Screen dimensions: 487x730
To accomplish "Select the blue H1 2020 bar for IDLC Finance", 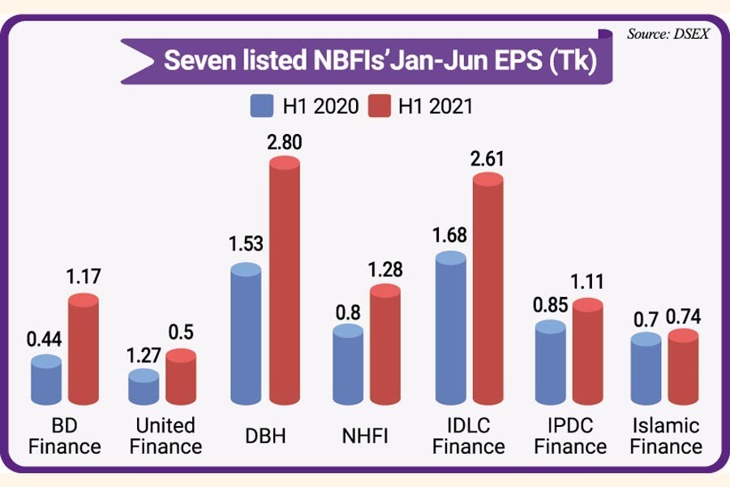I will pyautogui.click(x=451, y=329).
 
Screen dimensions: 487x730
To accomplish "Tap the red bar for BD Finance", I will pyautogui.click(x=84, y=349).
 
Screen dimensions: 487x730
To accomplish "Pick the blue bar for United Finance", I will pyautogui.click(x=144, y=388).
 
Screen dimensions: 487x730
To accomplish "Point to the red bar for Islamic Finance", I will pyautogui.click(x=683, y=369).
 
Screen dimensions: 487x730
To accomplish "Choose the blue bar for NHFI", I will pyautogui.click(x=349, y=365).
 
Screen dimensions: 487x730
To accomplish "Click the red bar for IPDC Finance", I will pyautogui.click(x=588, y=353).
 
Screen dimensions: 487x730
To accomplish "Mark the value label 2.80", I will pyautogui.click(x=285, y=144).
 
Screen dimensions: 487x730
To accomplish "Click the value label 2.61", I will pyautogui.click(x=487, y=158).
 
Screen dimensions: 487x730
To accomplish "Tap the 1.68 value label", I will pyautogui.click(x=451, y=237).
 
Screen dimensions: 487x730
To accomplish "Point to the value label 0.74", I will pyautogui.click(x=684, y=317).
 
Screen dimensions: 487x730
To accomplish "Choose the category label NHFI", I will pyautogui.click(x=364, y=437).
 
